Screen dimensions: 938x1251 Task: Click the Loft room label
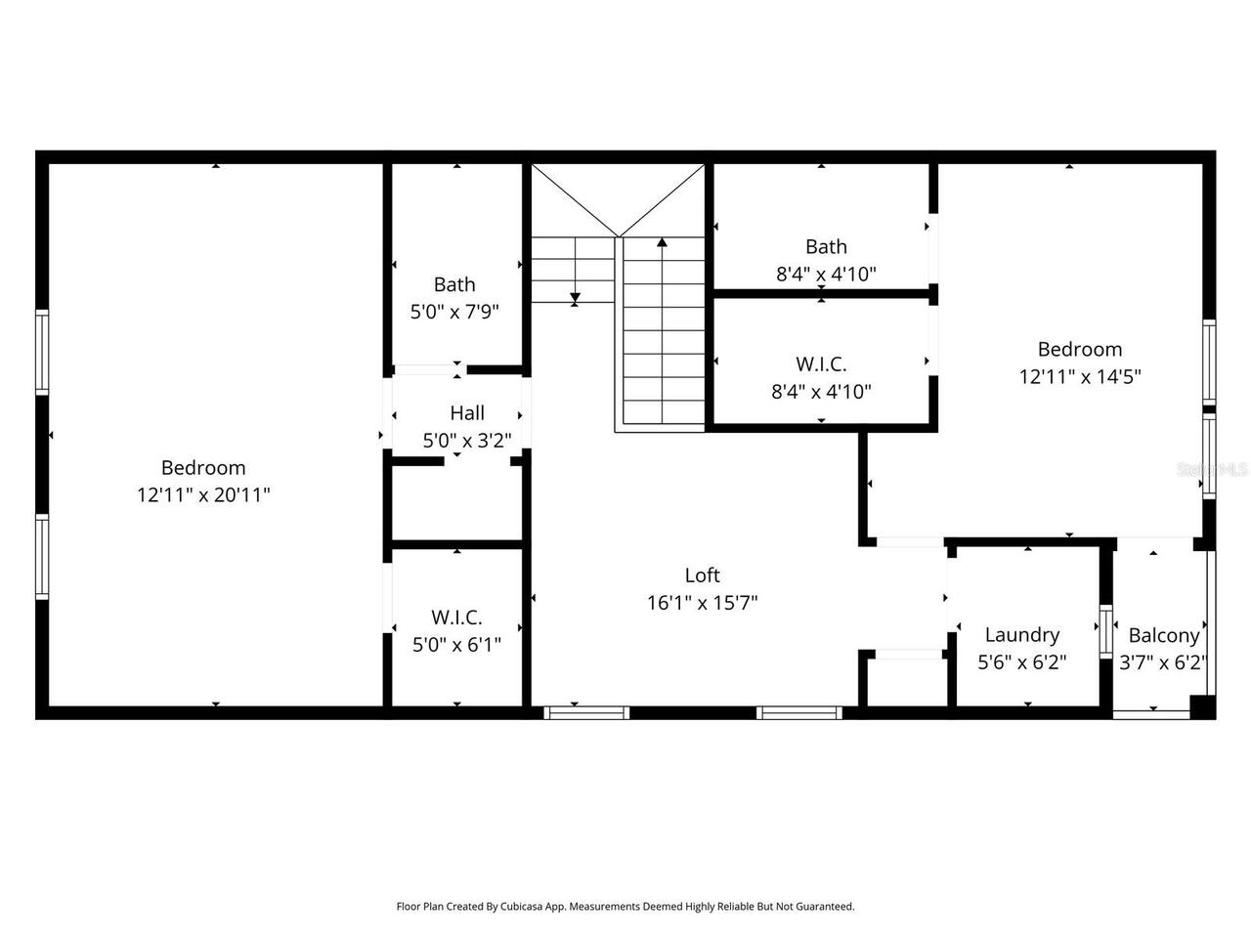(702, 576)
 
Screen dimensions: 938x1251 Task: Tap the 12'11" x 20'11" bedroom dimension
(203, 495)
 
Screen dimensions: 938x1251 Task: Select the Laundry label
(1021, 635)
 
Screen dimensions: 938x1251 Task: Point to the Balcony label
(1163, 635)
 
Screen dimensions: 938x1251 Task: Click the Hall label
(467, 413)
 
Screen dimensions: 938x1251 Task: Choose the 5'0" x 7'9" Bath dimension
(454, 313)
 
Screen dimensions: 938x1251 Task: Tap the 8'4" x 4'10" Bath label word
(826, 247)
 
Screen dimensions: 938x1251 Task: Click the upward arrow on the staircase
(663, 243)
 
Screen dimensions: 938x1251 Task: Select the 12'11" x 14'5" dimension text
(1080, 376)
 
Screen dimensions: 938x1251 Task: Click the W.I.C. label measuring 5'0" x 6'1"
(456, 618)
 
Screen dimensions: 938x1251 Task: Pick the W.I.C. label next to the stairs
(821, 364)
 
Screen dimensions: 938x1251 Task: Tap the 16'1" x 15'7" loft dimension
(702, 603)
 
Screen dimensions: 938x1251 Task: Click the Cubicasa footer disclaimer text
(625, 907)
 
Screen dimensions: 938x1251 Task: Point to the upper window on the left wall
(42, 352)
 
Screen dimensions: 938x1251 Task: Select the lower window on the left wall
(42, 557)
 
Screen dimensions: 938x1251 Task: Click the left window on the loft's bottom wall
(586, 713)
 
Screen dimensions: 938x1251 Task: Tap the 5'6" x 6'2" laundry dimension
(1021, 662)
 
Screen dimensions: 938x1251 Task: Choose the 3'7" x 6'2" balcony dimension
(1163, 662)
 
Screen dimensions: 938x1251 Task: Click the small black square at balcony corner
(1203, 706)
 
